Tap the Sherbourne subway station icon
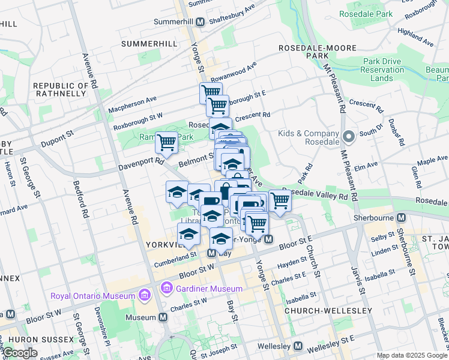pos(401,217)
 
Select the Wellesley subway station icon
pos(298,346)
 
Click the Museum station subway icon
pos(163,317)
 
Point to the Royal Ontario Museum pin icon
pos(143,295)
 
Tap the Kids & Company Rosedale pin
pos(350,137)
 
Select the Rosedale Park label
pos(366,13)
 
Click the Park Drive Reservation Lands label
pos(382,70)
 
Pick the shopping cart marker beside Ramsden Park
pos(166,143)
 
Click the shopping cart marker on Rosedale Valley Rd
pos(279,201)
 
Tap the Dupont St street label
pos(56,142)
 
